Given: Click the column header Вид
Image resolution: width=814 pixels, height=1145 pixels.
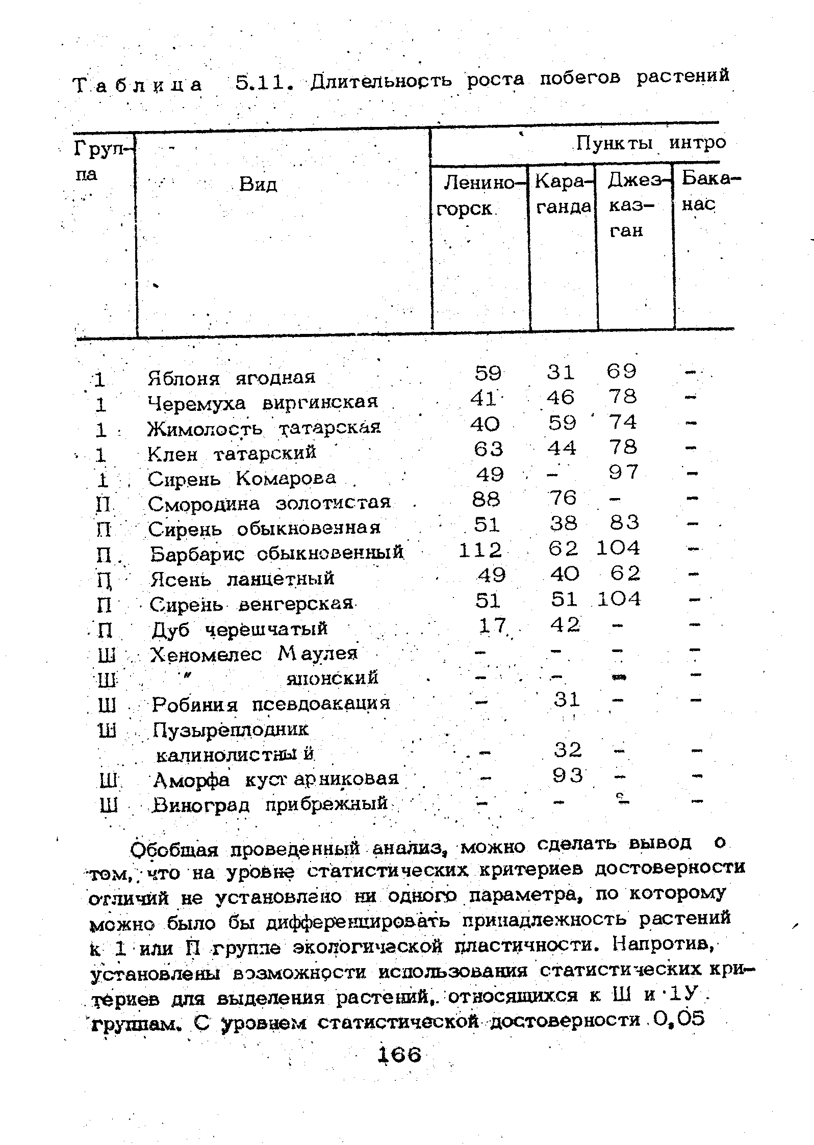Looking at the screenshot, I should pos(258,184).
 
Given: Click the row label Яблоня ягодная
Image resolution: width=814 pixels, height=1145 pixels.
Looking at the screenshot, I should pos(231,378).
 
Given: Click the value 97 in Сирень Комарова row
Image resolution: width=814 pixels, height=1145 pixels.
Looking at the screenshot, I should pos(623,473).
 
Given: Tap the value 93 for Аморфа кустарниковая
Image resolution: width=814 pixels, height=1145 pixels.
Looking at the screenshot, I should pos(568,776).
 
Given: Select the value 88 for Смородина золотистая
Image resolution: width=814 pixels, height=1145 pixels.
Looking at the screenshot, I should pos(487,499).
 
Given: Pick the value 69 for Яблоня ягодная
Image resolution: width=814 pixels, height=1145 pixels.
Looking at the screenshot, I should pos(622,371).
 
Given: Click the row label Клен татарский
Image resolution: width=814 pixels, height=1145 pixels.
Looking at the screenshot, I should pos(232,453).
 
